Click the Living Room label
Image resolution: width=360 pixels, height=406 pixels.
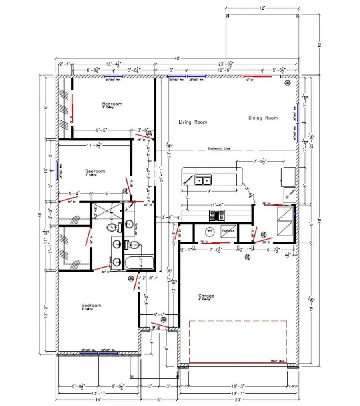click(x=193, y=122)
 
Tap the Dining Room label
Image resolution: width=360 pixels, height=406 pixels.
click(x=263, y=118)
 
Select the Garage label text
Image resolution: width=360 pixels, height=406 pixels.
click(x=206, y=296)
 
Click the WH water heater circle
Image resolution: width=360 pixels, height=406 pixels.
click(x=209, y=231)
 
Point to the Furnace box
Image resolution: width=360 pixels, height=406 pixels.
click(x=228, y=232)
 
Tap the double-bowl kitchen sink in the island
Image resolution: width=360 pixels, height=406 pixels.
click(x=203, y=181)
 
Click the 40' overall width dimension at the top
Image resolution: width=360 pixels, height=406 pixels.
click(x=178, y=58)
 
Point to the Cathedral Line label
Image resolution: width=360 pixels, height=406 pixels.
click(x=219, y=149)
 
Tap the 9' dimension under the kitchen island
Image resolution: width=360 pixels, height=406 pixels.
click(x=210, y=191)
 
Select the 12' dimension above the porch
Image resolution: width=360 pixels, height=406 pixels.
click(x=262, y=8)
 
